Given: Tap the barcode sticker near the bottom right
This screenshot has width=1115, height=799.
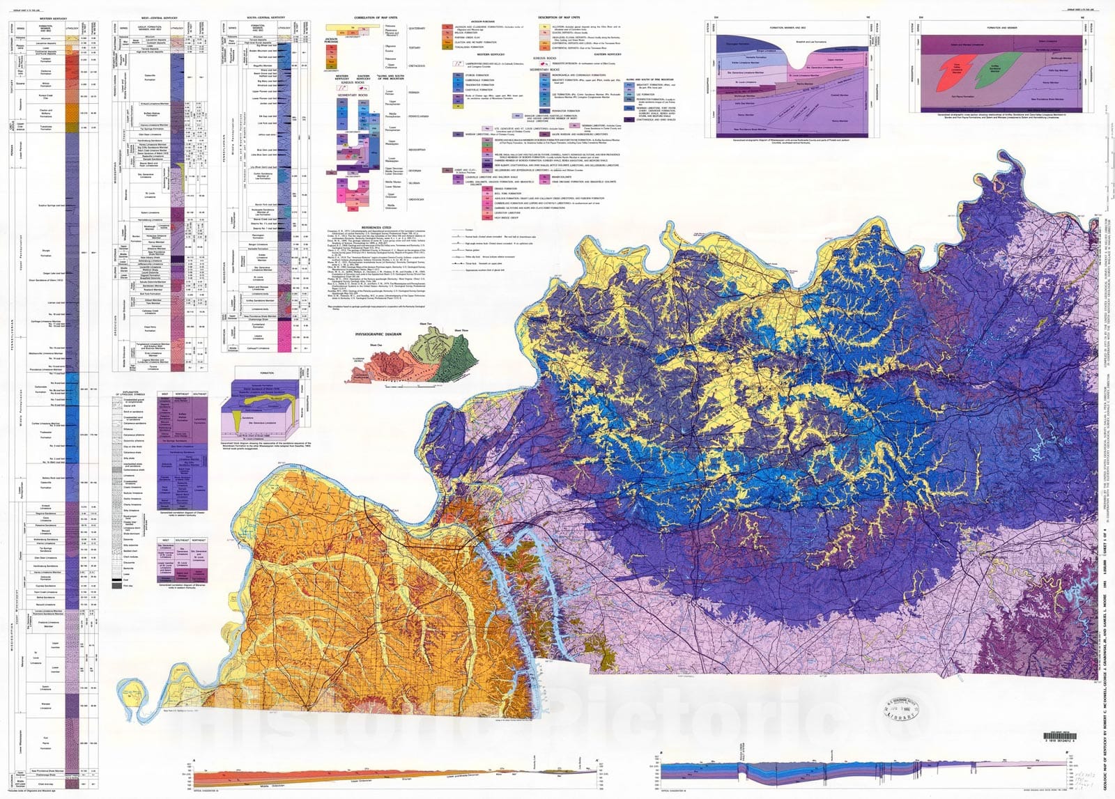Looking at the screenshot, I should tap(1059, 737).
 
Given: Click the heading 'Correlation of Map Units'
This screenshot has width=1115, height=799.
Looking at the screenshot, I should tap(376, 17).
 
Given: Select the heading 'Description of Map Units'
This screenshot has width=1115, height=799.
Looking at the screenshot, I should tap(558, 17).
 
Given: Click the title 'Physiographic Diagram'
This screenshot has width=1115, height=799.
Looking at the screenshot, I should tap(378, 334).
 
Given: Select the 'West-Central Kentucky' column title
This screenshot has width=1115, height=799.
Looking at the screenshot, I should tap(160, 17).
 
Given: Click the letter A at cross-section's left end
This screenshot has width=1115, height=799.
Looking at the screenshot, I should tap(194, 759).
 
